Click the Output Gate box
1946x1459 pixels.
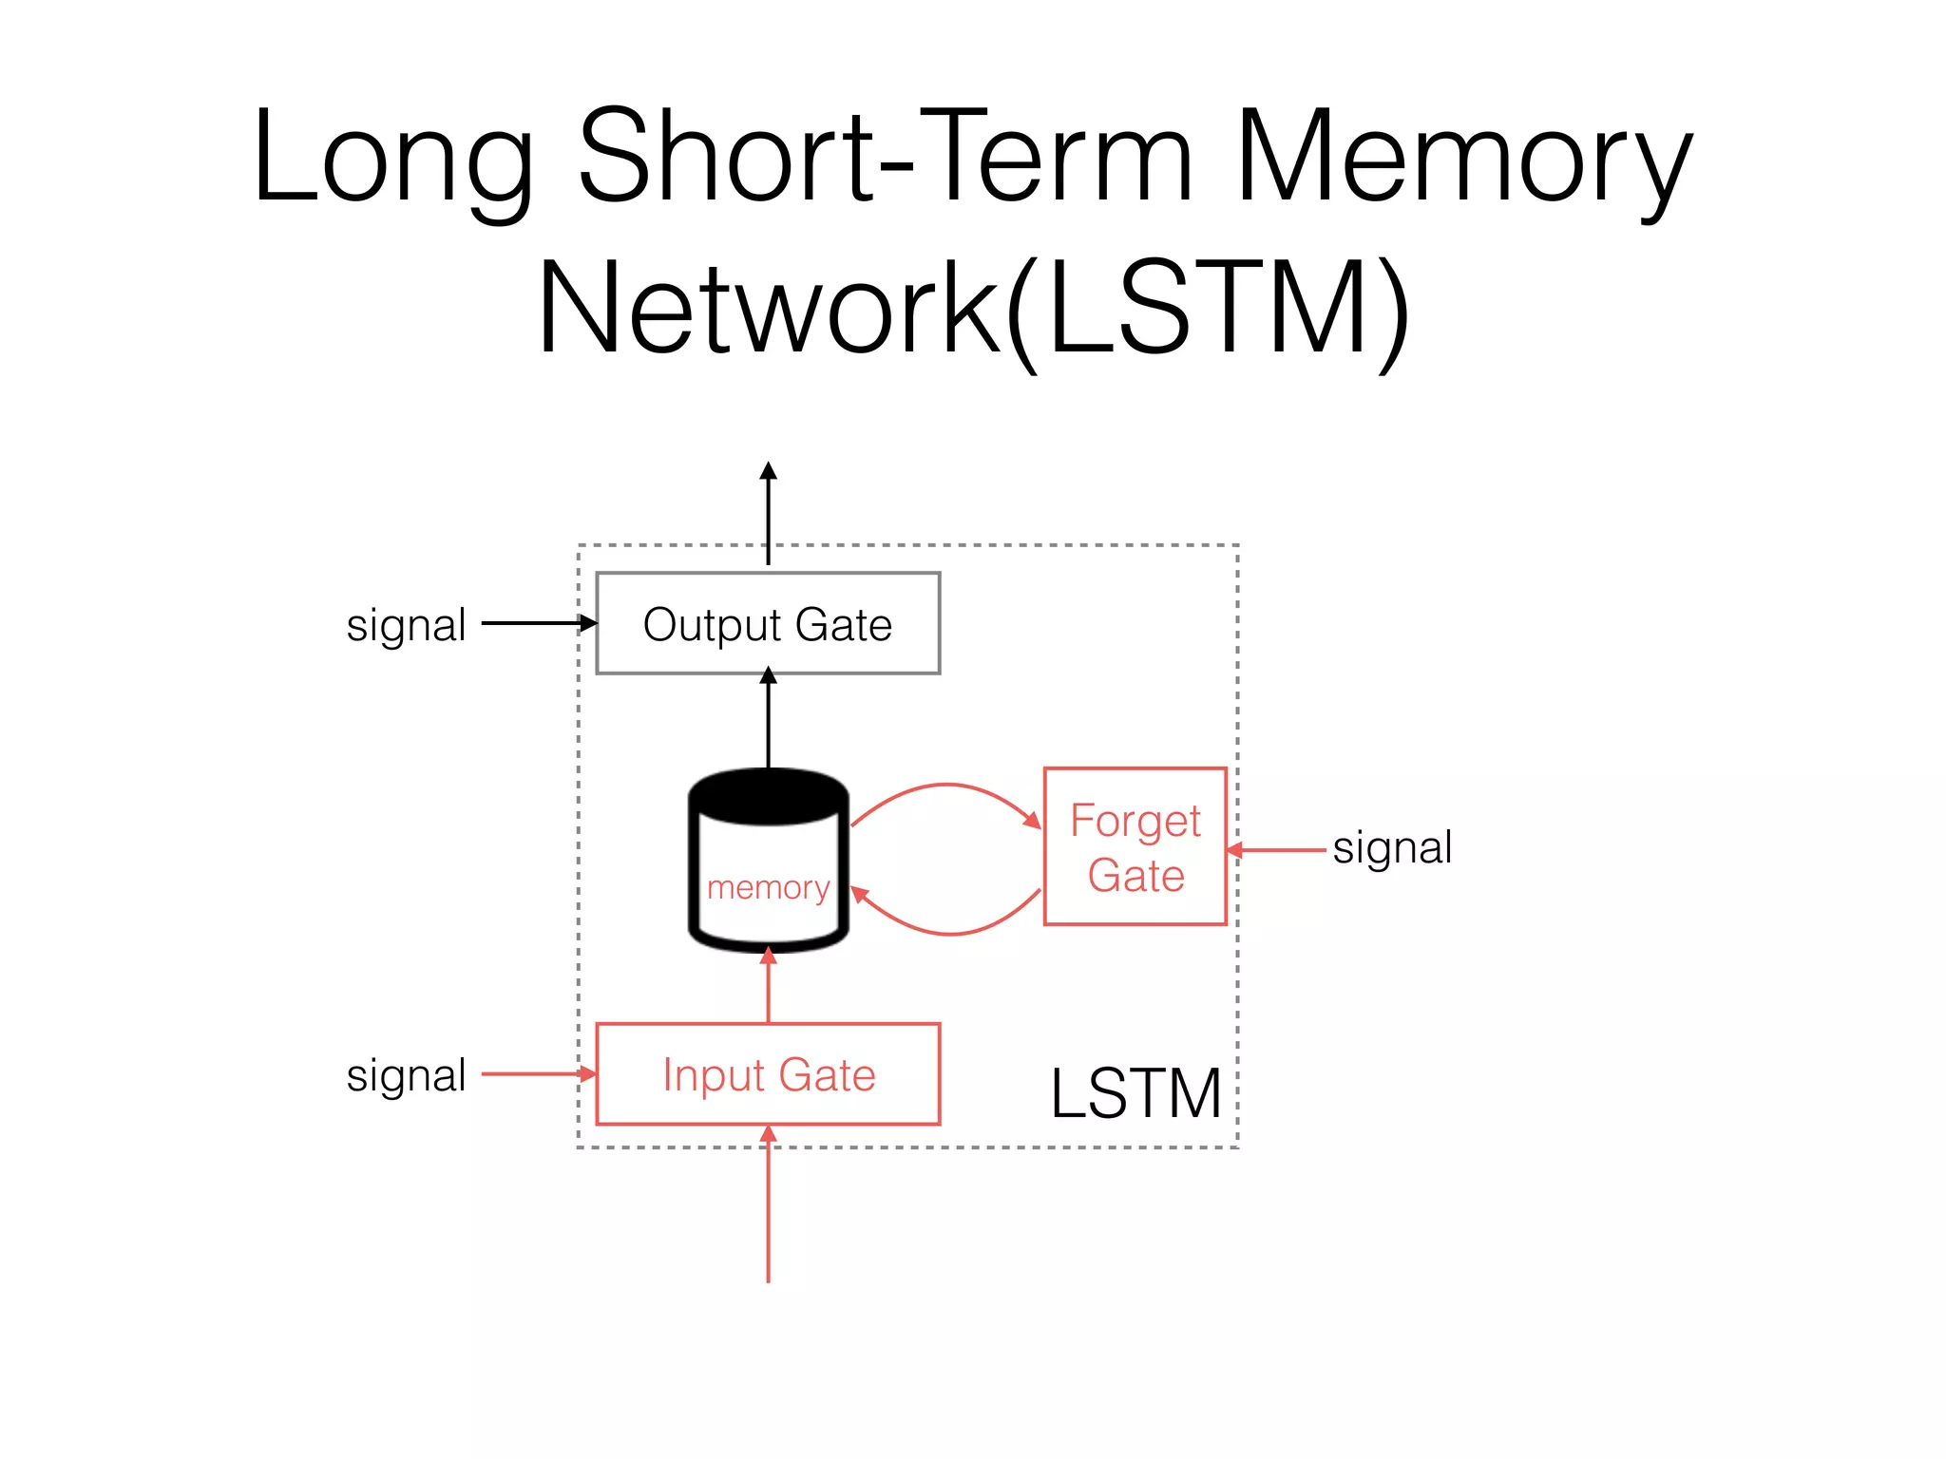tap(768, 623)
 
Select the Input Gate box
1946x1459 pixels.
tap(768, 1074)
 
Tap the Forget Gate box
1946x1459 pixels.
tap(1135, 846)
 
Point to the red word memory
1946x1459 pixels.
tap(768, 887)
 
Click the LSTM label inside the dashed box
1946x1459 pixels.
tap(1135, 1093)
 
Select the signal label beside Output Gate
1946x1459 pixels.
tap(406, 625)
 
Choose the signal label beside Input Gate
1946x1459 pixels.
tap(406, 1075)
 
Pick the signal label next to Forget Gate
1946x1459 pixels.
tap(1392, 847)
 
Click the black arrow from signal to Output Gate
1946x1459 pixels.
tap(537, 623)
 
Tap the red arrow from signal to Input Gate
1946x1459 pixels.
tap(537, 1074)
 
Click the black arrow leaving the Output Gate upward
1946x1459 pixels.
tap(768, 513)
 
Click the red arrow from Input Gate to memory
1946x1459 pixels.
tap(768, 988)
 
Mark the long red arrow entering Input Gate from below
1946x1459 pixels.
tap(768, 1206)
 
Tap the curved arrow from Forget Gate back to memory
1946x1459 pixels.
tap(950, 933)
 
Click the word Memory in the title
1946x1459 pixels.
tap(1463, 157)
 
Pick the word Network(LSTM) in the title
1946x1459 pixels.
tap(973, 309)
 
